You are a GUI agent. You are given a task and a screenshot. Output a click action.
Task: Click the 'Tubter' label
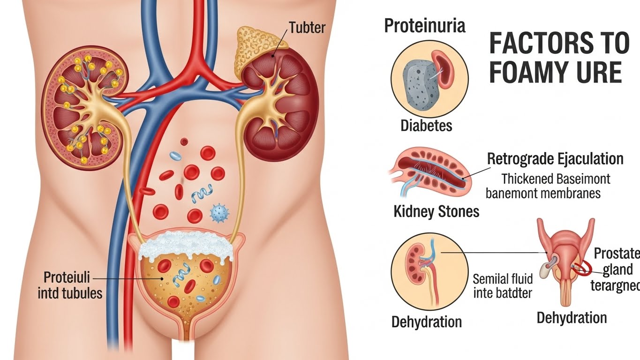[x=307, y=28]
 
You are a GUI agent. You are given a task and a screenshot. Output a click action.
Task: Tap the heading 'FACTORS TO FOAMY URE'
[x=558, y=59]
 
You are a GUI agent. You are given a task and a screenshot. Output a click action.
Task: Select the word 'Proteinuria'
[x=425, y=26]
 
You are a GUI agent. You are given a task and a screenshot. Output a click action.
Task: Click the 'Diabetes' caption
[x=426, y=126]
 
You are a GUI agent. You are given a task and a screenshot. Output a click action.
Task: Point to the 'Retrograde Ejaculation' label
[x=555, y=159]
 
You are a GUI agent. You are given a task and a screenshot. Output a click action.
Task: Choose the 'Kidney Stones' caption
[x=437, y=211]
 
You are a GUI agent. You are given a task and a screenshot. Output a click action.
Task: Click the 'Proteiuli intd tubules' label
[x=73, y=285]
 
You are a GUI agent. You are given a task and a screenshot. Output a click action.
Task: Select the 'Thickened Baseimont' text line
[x=556, y=179]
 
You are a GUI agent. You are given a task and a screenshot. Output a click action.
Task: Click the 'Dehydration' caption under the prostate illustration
[x=572, y=318]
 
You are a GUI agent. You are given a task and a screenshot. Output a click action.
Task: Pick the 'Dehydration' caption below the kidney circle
[x=426, y=322]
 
